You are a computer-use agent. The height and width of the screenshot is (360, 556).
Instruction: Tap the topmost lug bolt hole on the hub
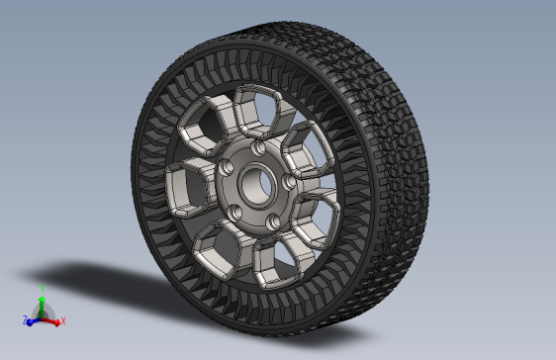pos(258,147)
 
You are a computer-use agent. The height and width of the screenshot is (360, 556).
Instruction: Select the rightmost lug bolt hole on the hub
pos(289,182)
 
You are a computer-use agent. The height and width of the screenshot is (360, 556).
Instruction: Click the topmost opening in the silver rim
pos(255,111)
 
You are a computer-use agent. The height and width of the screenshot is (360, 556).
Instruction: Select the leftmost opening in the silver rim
pos(185,186)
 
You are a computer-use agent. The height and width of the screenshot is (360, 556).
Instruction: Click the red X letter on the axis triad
pos(63,321)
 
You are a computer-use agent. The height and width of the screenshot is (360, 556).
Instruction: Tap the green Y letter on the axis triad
pos(42,289)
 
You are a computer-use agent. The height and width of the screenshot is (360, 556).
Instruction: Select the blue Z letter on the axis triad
pos(23,321)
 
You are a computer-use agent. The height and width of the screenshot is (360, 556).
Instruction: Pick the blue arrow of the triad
pos(31,320)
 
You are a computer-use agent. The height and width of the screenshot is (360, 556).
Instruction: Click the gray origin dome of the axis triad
pos(42,315)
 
